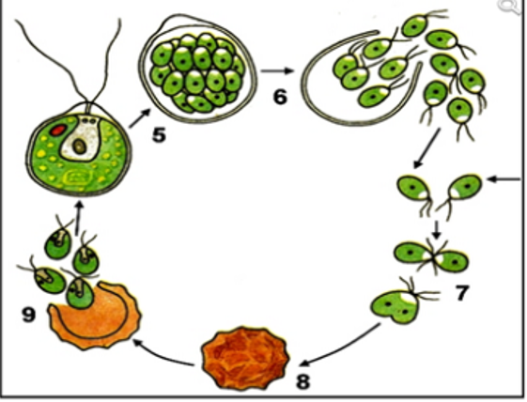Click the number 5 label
point(160,135)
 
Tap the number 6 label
point(281,97)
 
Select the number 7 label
point(461,292)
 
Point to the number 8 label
point(302,381)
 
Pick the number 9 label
point(29,315)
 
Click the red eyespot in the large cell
point(58,130)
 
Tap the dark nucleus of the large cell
point(79,147)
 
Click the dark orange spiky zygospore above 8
point(245,359)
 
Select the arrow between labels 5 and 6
point(277,71)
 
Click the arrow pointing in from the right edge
point(504,179)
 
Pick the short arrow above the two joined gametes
point(436,229)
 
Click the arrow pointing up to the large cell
point(79,217)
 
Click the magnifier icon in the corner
point(511,7)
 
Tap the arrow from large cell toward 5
point(139,118)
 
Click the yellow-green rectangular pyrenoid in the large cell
point(78,178)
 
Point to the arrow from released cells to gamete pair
point(426,147)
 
